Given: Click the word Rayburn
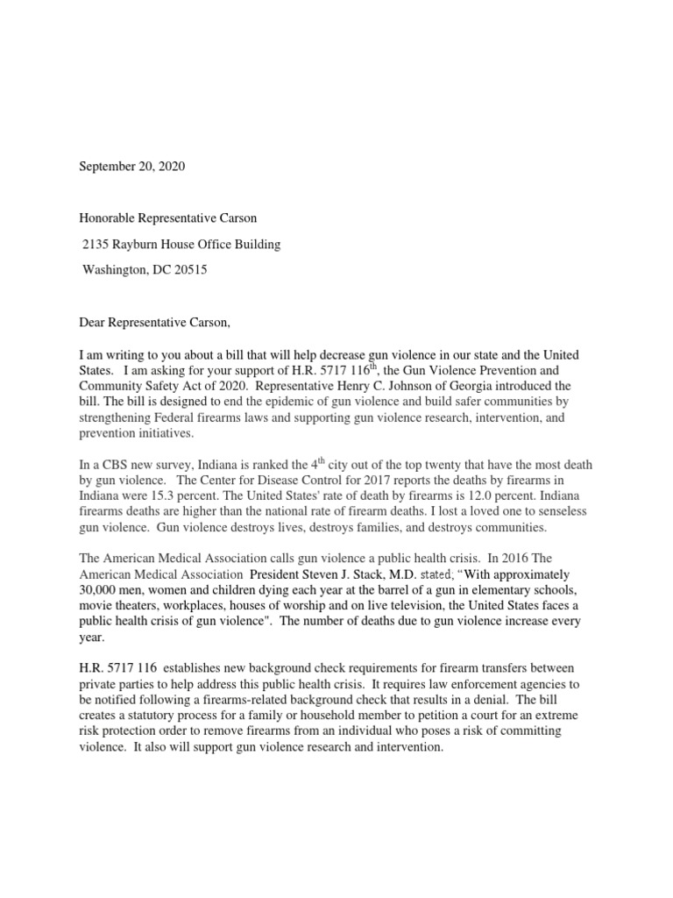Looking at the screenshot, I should point(141,245).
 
